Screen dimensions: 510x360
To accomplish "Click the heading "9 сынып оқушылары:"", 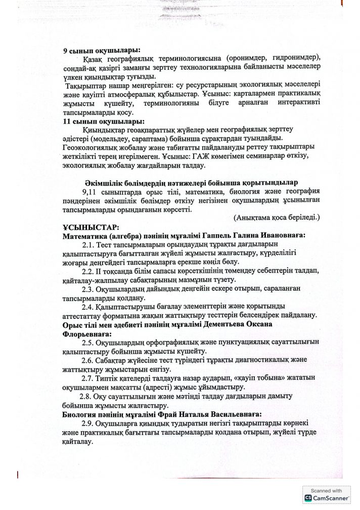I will [x=102, y=50].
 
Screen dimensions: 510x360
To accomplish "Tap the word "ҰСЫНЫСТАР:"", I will [x=87, y=228].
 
